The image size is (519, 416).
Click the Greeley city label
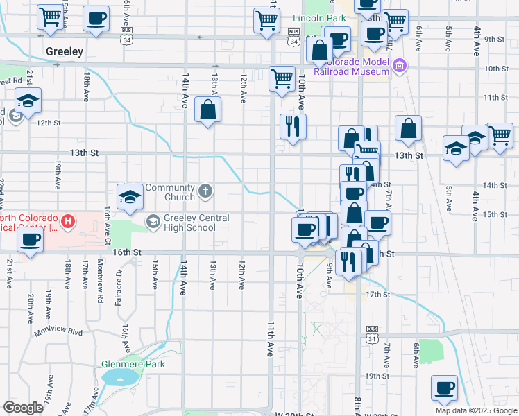pos(64,51)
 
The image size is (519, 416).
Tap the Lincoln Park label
pos(319,17)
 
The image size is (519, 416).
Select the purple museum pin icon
pos(400,67)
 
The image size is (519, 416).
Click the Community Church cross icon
pos(205,190)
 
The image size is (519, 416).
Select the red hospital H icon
pos(68,222)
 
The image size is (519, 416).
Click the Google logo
pos(23,408)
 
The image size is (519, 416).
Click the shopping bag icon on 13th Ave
pos(208,110)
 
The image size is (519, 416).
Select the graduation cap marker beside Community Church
pos(129,198)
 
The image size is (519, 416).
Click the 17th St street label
pos(378,294)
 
